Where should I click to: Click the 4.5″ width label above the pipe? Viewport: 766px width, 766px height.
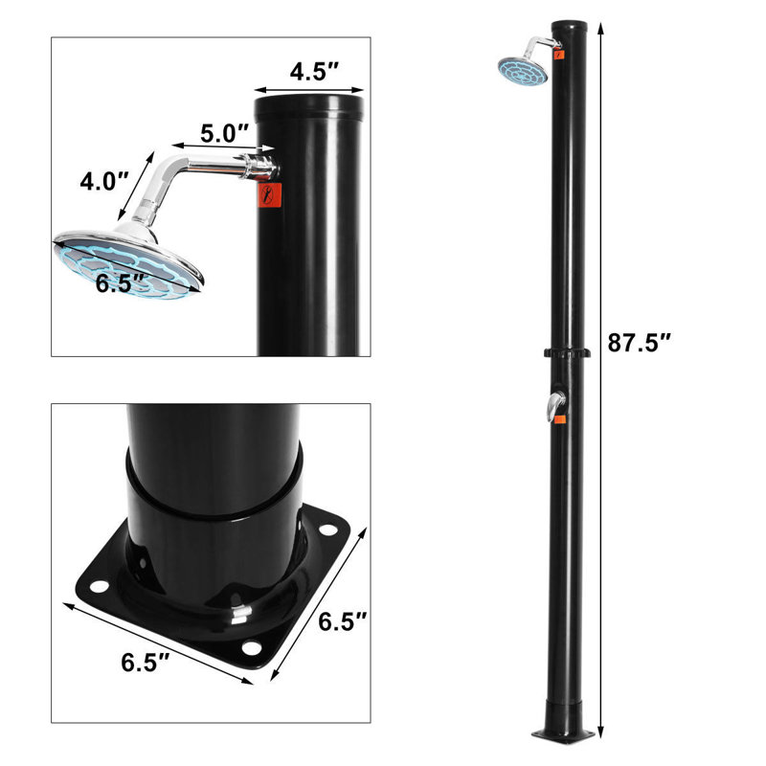tap(312, 72)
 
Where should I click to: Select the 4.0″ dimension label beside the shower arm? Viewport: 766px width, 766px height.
tap(102, 180)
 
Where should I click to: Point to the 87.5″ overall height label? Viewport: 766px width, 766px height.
tap(640, 342)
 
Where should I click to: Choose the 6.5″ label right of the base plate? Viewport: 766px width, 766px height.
tap(342, 621)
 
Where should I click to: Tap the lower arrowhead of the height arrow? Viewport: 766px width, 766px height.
tap(601, 737)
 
